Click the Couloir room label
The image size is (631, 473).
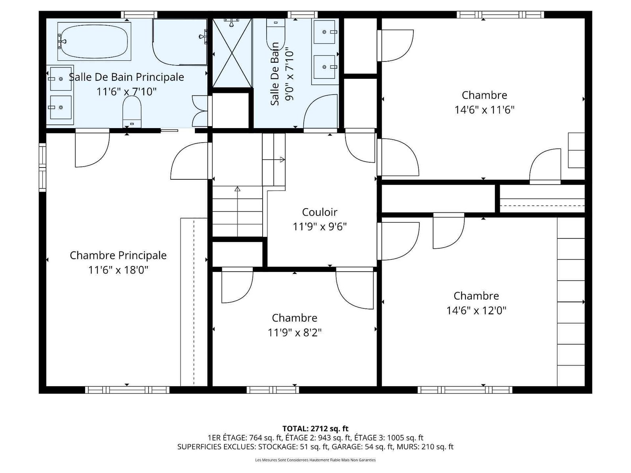coord(319,212)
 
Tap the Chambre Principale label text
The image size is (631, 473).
coord(118,255)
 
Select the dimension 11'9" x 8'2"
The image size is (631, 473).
coord(295,333)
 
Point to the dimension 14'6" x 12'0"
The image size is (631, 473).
coord(476,311)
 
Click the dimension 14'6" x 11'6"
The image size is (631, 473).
coord(484,110)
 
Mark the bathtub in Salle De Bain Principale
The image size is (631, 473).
coord(94,41)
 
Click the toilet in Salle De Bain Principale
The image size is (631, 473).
coord(132,112)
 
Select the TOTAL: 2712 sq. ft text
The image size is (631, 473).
coord(315,429)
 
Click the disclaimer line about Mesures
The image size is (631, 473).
coord(315,460)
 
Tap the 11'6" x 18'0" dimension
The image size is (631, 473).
coord(118,270)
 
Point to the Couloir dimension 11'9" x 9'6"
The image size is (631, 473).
coord(319,227)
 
